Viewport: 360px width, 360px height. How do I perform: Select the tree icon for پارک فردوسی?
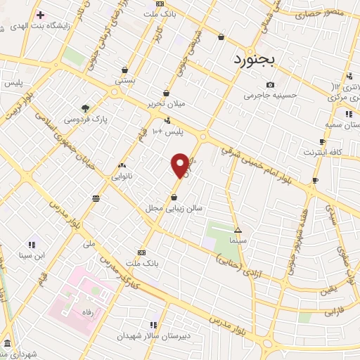click(x=85, y=108)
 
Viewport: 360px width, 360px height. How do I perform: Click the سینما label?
click(x=237, y=240)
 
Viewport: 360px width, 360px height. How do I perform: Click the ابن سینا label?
click(x=32, y=255)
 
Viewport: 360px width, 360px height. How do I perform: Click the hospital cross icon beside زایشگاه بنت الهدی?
click(x=40, y=14)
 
